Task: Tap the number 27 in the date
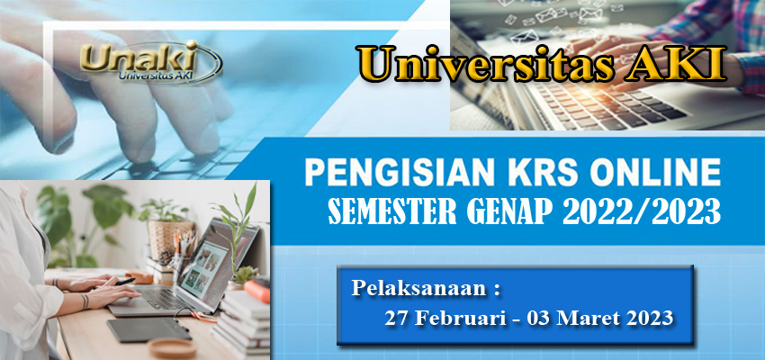tap(396, 318)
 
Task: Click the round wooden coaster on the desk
tap(171, 347)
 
